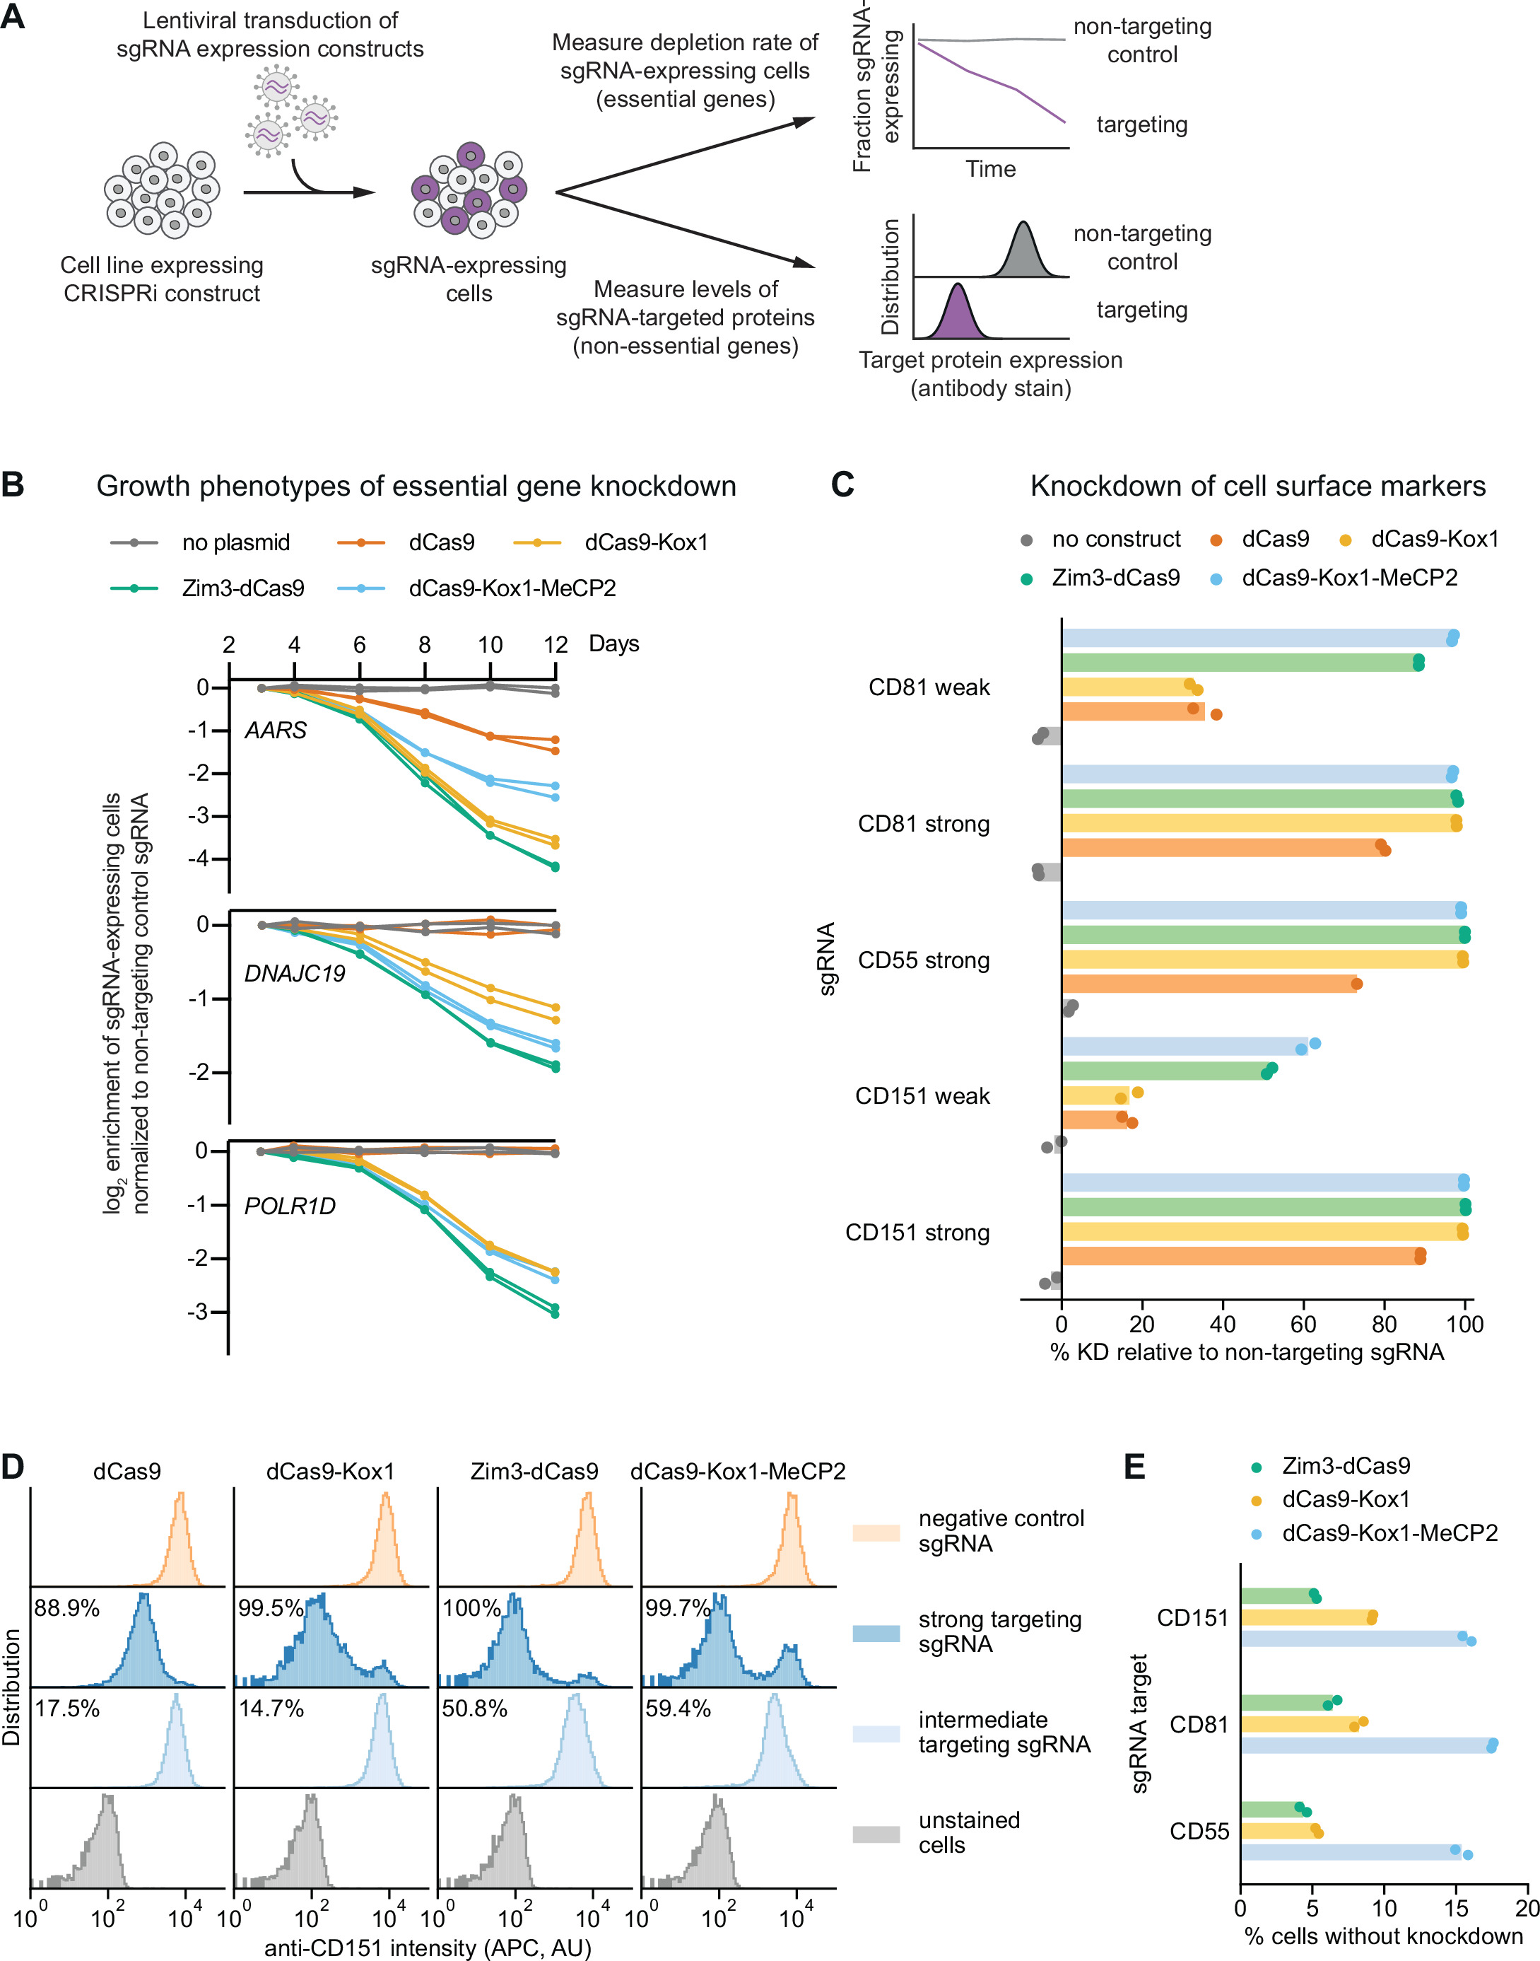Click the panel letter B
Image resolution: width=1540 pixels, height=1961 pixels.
[13, 485]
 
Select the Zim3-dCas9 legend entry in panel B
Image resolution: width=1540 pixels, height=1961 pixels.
[242, 588]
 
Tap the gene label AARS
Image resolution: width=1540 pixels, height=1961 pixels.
[276, 730]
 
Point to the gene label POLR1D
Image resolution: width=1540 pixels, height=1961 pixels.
[290, 1206]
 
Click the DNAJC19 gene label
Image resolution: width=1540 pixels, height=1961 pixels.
[295, 973]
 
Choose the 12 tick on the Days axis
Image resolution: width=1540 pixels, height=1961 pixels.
[556, 645]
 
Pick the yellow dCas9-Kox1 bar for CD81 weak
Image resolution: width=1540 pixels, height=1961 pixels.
[1128, 687]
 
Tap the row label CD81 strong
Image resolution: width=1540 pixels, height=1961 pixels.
[923, 824]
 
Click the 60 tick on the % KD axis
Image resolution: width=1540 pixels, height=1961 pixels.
[1304, 1324]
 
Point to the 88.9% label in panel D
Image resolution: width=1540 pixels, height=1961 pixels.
[66, 1608]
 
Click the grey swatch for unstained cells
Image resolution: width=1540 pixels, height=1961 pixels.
[876, 1834]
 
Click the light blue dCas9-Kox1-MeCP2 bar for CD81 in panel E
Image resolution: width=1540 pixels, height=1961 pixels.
[1366, 1745]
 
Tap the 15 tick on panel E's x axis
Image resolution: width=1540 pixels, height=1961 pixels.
[1456, 1909]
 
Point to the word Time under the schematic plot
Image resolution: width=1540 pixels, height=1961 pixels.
[990, 169]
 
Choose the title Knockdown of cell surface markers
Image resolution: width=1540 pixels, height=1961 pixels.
[1258, 487]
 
